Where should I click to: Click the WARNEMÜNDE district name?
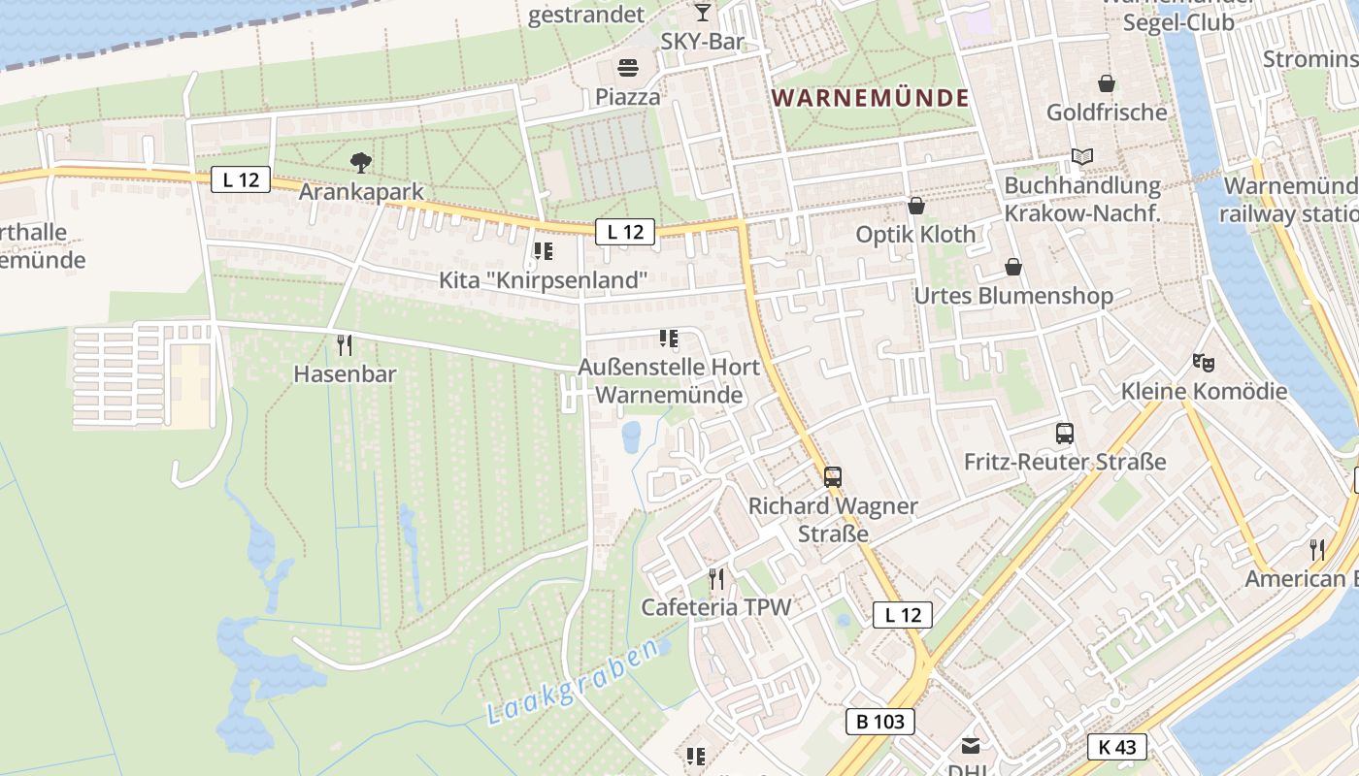tap(871, 98)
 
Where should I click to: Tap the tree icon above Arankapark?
tap(361, 162)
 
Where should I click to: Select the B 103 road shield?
tap(880, 722)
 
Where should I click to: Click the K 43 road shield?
tap(1116, 747)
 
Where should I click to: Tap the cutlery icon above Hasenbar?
tap(344, 344)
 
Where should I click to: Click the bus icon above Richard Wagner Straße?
tap(833, 476)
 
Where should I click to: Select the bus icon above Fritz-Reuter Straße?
tap(1065, 433)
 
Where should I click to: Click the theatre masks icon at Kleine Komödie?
tap(1204, 363)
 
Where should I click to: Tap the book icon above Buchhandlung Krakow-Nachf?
tap(1082, 156)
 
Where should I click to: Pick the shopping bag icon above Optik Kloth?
tap(916, 206)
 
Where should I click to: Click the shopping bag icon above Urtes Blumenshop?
tap(1013, 267)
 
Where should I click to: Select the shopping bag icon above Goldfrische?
tap(1106, 83)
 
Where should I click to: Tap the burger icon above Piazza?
tap(628, 69)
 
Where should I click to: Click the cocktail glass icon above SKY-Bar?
tap(703, 13)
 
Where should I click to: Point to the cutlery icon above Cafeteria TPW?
tap(716, 579)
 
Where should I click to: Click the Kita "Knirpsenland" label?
tap(543, 281)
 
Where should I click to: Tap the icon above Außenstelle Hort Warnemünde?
tap(668, 339)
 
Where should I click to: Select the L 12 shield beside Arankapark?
tap(240, 179)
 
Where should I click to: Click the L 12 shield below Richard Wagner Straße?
tap(902, 614)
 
